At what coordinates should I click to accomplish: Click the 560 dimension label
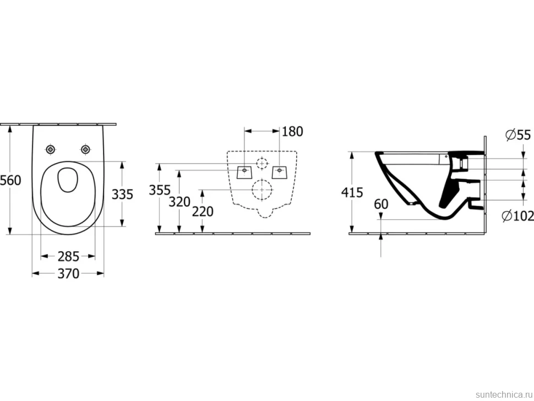coord(10,180)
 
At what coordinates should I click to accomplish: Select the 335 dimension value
coord(123,194)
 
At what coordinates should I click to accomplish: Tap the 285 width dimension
coord(68,257)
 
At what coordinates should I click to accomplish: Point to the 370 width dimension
coord(68,274)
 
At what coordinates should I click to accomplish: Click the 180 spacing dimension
coord(292,132)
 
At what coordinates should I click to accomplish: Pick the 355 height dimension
coord(160,190)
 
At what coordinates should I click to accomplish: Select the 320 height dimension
coord(179,202)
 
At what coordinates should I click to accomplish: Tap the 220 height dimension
coord(203,212)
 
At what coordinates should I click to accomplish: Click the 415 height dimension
coord(352,193)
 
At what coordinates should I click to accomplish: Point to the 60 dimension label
coord(381,204)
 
